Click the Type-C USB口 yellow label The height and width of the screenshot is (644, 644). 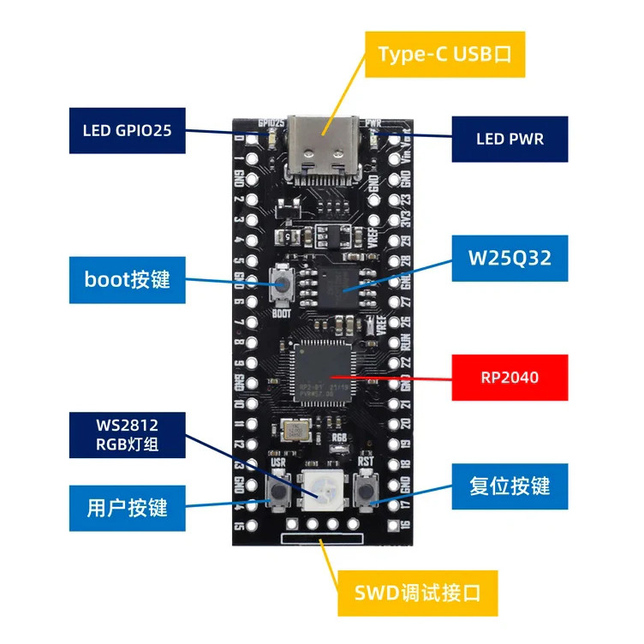[444, 55]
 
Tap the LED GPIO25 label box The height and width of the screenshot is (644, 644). [128, 131]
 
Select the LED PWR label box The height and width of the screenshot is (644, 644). [510, 138]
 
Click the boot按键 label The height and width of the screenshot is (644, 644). [128, 279]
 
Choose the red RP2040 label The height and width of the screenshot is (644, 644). [510, 376]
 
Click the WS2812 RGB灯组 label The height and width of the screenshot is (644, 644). [128, 434]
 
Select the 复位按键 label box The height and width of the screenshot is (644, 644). [510, 486]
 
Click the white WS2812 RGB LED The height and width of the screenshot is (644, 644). [323, 491]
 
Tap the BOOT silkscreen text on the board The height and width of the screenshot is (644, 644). [281, 313]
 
